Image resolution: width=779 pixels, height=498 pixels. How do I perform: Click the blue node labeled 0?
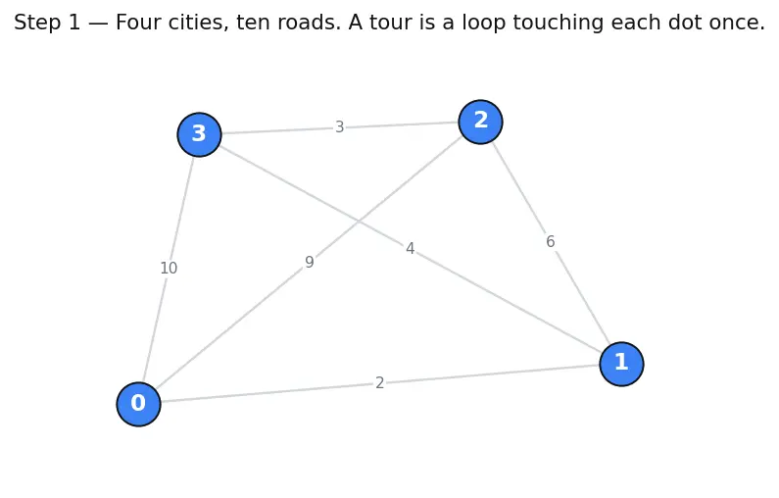[138, 404]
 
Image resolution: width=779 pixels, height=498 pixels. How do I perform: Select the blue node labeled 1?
[621, 364]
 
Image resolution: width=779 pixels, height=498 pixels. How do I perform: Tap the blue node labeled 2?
[480, 122]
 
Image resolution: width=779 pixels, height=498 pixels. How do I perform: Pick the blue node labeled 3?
[199, 134]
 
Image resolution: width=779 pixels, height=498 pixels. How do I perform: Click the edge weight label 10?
[169, 269]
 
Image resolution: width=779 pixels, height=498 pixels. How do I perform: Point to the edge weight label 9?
[309, 262]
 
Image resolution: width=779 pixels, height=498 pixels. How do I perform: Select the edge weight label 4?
[410, 248]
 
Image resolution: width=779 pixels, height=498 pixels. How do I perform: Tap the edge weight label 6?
[551, 241]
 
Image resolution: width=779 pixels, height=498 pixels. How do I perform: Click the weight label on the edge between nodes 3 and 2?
[339, 127]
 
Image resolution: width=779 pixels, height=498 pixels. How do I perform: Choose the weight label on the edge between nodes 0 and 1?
[379, 383]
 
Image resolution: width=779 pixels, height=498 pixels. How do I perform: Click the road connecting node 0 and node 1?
[380, 383]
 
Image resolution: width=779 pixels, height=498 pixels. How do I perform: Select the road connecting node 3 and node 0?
[169, 269]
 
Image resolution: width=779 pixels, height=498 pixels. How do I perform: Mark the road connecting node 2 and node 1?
[551, 242]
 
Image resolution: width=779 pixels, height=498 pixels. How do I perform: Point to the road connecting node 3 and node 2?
[340, 127]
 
